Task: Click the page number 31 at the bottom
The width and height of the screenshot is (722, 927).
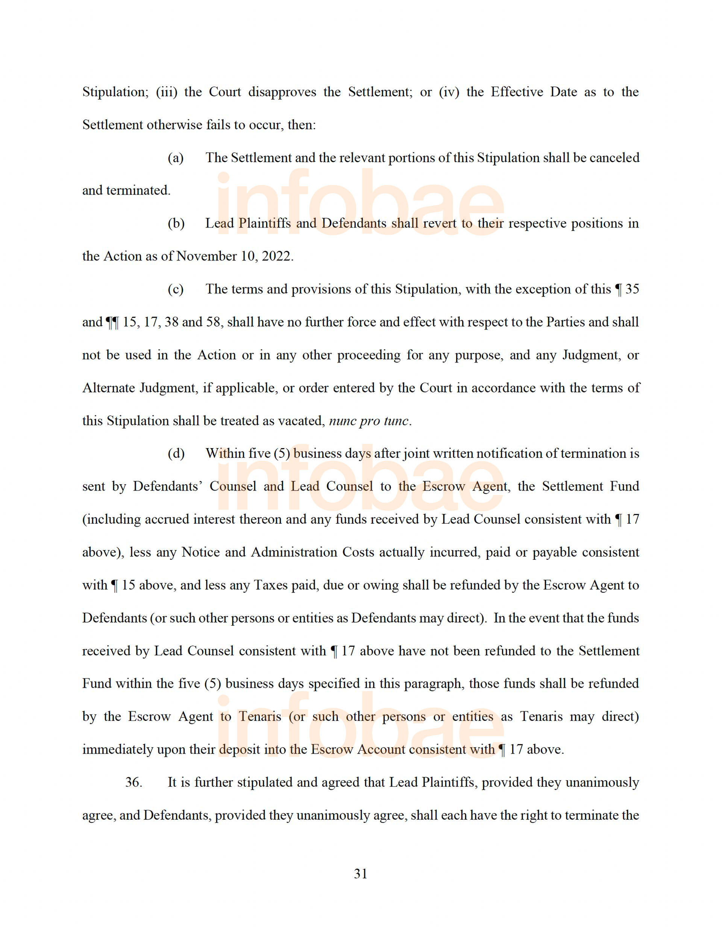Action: pyautogui.click(x=361, y=874)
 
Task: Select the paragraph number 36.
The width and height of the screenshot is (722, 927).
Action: pyautogui.click(x=133, y=782)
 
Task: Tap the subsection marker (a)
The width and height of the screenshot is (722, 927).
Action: pyautogui.click(x=176, y=158)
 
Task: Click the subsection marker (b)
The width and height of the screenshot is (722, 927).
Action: pyautogui.click(x=176, y=223)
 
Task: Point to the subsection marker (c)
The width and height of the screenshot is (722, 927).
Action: pyautogui.click(x=176, y=289)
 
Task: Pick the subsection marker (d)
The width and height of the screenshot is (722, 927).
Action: pyautogui.click(x=176, y=453)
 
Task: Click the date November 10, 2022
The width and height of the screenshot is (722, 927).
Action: pyautogui.click(x=235, y=256)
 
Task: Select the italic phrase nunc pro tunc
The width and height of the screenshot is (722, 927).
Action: pyautogui.click(x=369, y=421)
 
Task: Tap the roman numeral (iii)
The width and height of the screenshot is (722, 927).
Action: pyautogui.click(x=166, y=92)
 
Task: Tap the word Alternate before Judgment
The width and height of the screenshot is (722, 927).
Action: pyautogui.click(x=108, y=388)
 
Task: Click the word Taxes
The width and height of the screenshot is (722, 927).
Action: pyautogui.click(x=271, y=585)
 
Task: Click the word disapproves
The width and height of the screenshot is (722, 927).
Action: pyautogui.click(x=282, y=92)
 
